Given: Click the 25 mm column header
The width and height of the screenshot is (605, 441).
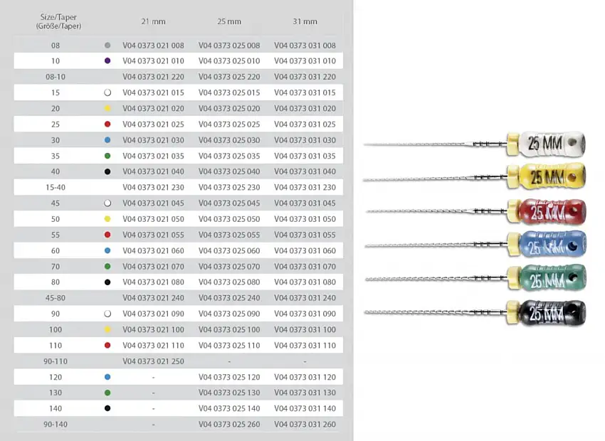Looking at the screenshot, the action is coord(229,21).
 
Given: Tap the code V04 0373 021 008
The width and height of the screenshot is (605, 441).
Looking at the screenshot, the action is coord(153,46).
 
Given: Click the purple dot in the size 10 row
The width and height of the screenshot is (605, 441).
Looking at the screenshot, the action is coord(107,60).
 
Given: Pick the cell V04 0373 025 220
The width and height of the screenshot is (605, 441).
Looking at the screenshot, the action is coord(229,77).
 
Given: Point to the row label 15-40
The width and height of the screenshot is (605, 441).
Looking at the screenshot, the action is coord(56,187).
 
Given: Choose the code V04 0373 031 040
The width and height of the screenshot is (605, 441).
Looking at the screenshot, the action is coord(305,171).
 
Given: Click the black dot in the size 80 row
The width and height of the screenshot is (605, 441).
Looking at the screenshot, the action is coord(107,282).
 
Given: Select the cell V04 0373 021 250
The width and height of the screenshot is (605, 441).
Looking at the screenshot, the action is coord(153,361).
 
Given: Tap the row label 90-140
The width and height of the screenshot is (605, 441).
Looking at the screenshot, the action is coord(56,424).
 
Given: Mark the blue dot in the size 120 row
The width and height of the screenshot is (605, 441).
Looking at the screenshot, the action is coord(107,377).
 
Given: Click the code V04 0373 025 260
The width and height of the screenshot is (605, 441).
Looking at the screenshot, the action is coord(229,424).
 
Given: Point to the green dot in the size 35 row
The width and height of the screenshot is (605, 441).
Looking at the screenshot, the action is coord(107,156).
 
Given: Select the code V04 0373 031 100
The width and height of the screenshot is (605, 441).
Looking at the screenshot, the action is coord(305,329).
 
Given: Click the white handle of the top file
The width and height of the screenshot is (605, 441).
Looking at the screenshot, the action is coord(552,144).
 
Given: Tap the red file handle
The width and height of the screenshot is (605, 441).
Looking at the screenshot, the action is coord(552,212).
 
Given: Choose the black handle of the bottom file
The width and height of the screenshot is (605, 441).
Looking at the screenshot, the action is coord(552,313).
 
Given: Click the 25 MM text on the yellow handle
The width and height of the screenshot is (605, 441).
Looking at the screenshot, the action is coord(547,177).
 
